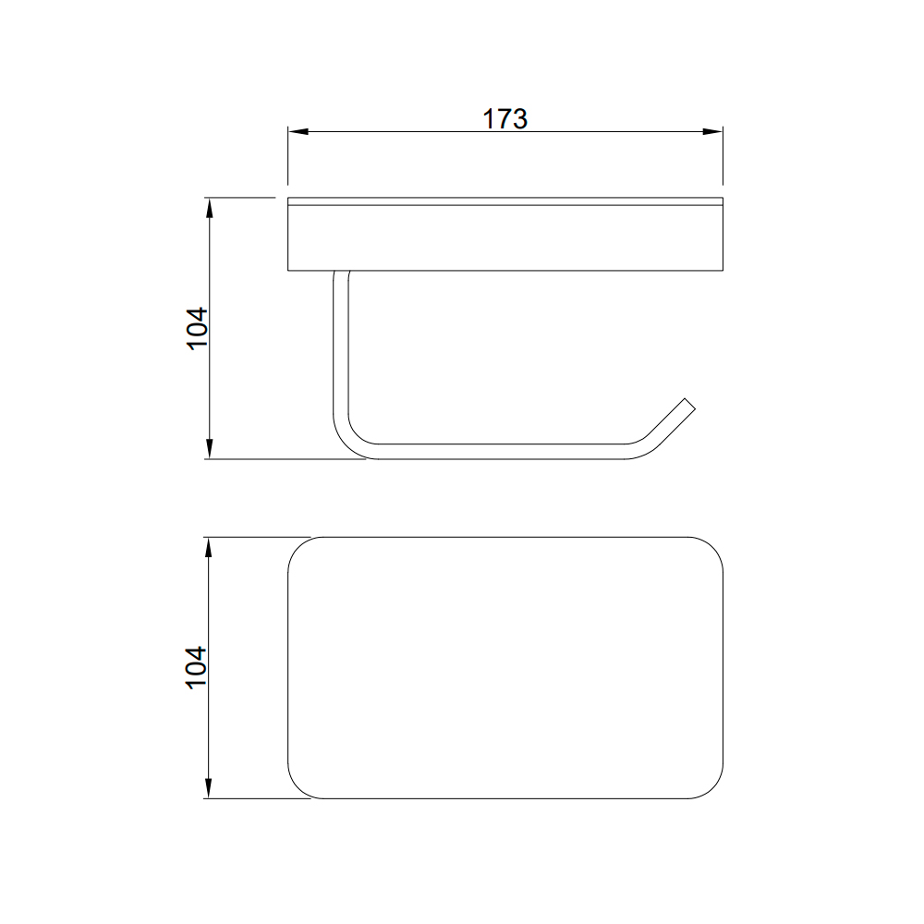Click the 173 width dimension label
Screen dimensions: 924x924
click(x=505, y=118)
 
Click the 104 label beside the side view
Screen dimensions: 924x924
click(x=197, y=329)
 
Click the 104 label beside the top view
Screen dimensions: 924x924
click(x=197, y=668)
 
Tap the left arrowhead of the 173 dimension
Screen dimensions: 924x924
click(x=298, y=131)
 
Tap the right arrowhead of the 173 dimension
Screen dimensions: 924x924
click(x=712, y=131)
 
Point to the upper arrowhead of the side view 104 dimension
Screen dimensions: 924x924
click(x=209, y=208)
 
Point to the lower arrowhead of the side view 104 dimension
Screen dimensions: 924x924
click(x=209, y=449)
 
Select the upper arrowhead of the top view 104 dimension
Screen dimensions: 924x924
click(x=209, y=547)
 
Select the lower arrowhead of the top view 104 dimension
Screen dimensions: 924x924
click(x=209, y=788)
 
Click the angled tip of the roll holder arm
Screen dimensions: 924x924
click(x=690, y=404)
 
